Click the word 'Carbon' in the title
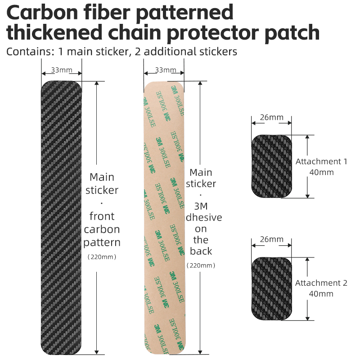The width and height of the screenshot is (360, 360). (x=42, y=12)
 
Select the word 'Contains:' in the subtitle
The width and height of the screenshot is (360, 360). (x=30, y=51)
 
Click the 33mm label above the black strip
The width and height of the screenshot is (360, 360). (x=62, y=70)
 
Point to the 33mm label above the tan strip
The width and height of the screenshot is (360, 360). (x=166, y=70)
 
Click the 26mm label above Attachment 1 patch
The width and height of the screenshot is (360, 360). (x=272, y=117)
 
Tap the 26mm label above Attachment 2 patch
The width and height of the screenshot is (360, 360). (x=272, y=239)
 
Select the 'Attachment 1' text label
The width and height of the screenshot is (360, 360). (x=321, y=162)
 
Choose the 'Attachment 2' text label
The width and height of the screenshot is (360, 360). (x=321, y=283)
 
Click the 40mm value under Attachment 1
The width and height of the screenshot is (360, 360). (x=321, y=172)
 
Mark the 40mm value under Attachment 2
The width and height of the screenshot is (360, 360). (x=321, y=294)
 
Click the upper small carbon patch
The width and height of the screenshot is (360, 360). (x=272, y=166)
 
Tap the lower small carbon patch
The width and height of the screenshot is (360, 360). (x=272, y=288)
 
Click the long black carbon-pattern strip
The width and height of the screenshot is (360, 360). (x=61, y=218)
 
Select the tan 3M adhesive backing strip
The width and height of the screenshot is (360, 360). (x=164, y=218)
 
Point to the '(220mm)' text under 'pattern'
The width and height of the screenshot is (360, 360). (x=102, y=257)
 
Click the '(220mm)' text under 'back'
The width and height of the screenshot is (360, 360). (x=201, y=265)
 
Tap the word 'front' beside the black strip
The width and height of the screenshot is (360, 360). (x=102, y=216)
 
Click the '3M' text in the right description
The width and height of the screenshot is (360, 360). (x=201, y=207)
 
